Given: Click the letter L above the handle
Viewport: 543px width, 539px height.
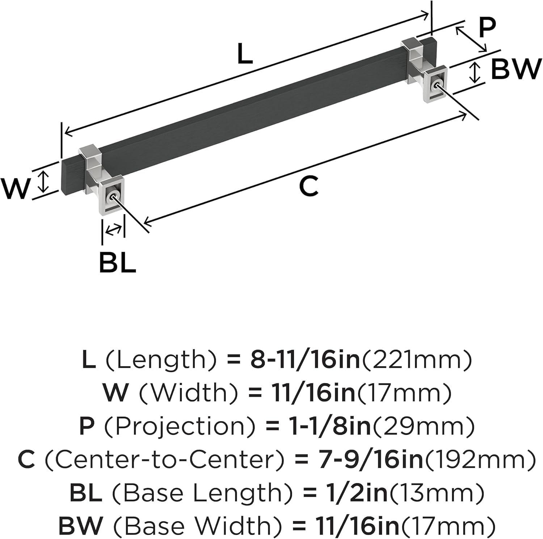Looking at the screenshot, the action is click(245, 54).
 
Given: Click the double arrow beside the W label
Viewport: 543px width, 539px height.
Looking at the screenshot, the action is click(44, 182).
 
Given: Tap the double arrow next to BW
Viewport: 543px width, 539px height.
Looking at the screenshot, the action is click(475, 72).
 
